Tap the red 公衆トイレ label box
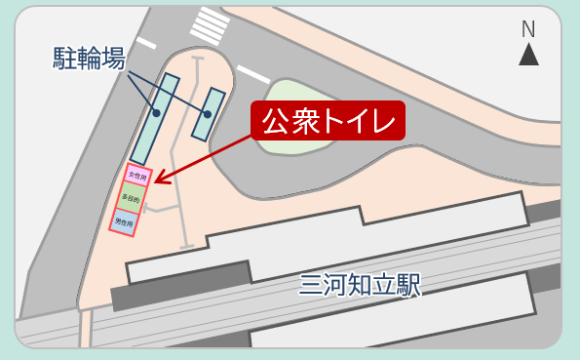327,122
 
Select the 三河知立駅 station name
360,285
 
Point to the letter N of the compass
528,29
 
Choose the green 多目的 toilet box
130,199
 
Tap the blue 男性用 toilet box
123,221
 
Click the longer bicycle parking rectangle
155,119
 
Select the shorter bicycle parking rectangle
209,114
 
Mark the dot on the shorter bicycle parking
209,113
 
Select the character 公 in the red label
275,122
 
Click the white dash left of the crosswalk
146,43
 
